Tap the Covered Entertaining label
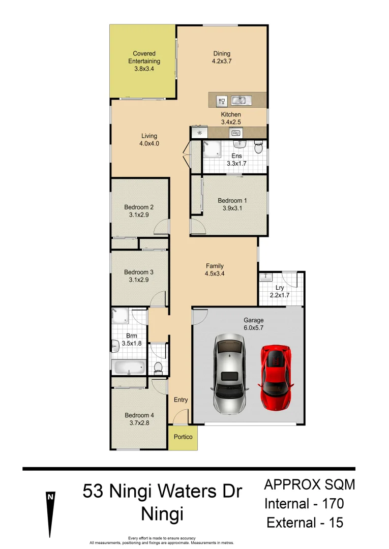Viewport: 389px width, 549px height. tap(144, 57)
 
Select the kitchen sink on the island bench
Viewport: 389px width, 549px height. tap(239, 100)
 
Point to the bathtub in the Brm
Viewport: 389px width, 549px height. tap(129, 367)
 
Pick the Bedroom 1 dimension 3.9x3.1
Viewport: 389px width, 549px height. tap(232, 208)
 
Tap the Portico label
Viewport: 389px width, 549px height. tap(183, 437)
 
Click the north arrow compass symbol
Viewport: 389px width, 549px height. tap(50, 513)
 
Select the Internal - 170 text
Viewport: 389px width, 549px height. tap(304, 504)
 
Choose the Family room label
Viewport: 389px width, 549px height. tap(215, 266)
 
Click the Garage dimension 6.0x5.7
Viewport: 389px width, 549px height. tap(253, 328)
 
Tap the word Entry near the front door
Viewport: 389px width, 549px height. tap(181, 400)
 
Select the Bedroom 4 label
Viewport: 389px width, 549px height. tap(139, 415)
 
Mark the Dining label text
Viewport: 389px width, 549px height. tap(222, 53)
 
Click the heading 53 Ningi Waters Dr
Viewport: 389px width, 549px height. tap(162, 492)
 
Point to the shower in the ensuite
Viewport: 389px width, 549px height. tap(211, 149)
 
